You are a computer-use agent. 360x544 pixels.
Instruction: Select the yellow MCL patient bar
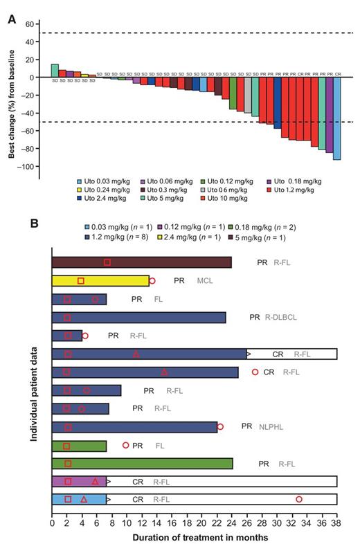[100, 280]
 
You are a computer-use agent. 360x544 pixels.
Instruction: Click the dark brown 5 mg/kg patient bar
[141, 262]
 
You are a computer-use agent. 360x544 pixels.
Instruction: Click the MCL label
[204, 281]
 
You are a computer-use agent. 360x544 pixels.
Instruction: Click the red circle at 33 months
[299, 499]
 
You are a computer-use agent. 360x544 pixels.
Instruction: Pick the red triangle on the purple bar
[95, 481]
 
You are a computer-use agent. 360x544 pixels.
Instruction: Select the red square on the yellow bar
[81, 280]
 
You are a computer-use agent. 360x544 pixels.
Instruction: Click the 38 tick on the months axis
[336, 516]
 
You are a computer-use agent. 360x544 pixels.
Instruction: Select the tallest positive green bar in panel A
[55, 71]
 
